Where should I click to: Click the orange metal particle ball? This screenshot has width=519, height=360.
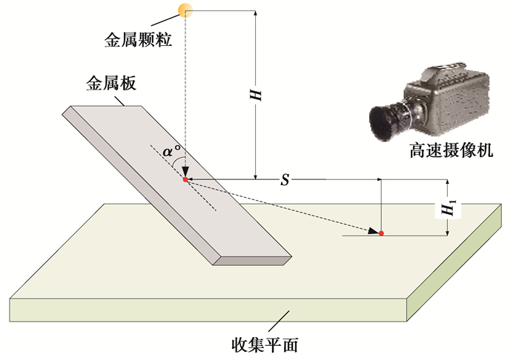pyautogui.click(x=184, y=10)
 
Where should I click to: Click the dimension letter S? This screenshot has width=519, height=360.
pyautogui.click(x=285, y=180)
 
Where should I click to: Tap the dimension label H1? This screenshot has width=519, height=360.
pyautogui.click(x=449, y=208)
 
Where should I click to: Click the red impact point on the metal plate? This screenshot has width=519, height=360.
pyautogui.click(x=185, y=179)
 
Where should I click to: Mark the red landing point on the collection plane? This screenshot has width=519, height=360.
pyautogui.click(x=381, y=233)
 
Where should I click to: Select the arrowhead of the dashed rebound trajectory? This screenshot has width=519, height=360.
pyautogui.click(x=371, y=233)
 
